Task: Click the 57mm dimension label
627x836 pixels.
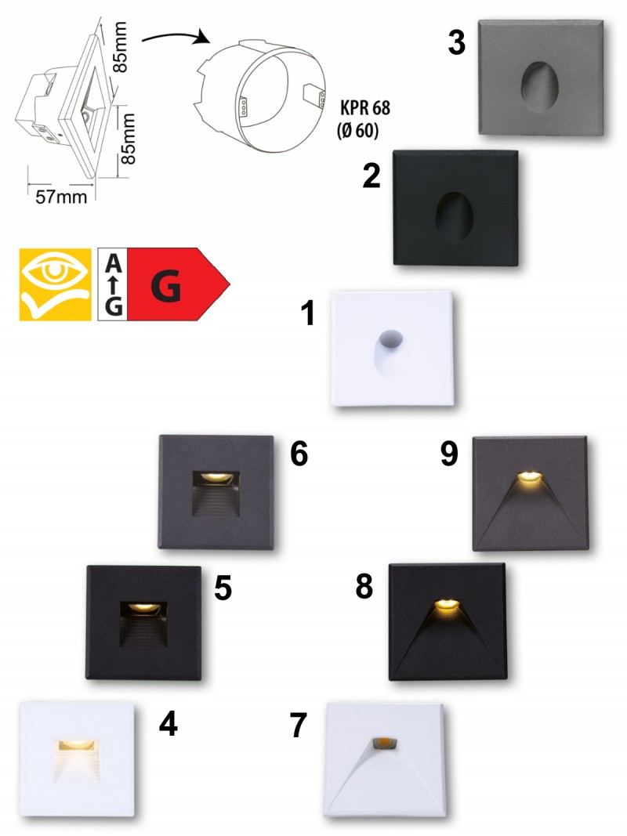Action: click(61, 197)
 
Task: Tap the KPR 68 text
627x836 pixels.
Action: click(365, 107)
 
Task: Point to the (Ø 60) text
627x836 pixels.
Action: click(357, 129)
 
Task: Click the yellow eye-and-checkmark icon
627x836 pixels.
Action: click(56, 284)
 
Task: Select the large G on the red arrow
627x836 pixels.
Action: click(166, 285)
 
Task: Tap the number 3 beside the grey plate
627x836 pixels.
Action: click(456, 42)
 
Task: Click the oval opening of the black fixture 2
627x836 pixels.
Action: click(455, 217)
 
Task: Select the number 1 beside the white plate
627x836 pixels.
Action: click(308, 313)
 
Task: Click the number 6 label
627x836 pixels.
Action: click(299, 454)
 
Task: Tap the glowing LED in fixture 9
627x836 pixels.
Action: click(530, 477)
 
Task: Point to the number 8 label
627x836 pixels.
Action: click(364, 587)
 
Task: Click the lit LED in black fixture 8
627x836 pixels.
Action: click(448, 605)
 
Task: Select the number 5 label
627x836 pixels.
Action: click(223, 588)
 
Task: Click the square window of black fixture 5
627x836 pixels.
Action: click(143, 624)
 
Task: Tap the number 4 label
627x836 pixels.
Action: click(169, 724)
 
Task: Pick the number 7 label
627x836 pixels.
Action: click(299, 725)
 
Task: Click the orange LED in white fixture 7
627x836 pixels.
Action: click(384, 742)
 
